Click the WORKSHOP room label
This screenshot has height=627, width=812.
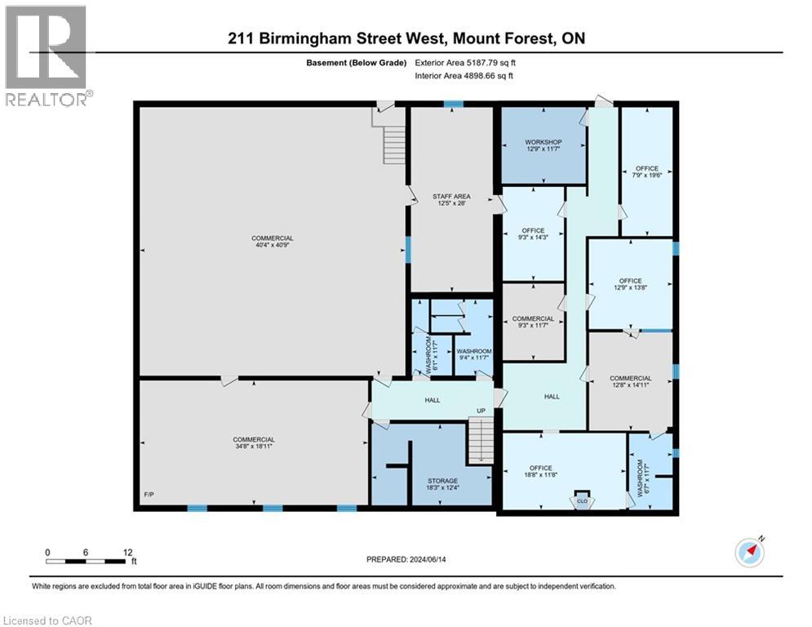pyautogui.click(x=543, y=142)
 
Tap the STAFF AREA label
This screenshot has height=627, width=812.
pyautogui.click(x=451, y=196)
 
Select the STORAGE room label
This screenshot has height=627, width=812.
pyautogui.click(x=442, y=481)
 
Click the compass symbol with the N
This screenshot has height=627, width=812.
pyautogui.click(x=749, y=552)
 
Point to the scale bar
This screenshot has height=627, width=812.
pyautogui.click(x=87, y=561)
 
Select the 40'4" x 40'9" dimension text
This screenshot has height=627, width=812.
pyautogui.click(x=273, y=247)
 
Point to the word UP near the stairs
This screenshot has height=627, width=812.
pyautogui.click(x=481, y=410)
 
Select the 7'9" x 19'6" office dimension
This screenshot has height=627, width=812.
pyautogui.click(x=646, y=176)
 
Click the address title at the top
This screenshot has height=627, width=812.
pyautogui.click(x=405, y=38)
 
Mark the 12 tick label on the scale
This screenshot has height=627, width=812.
pyautogui.click(x=127, y=551)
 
